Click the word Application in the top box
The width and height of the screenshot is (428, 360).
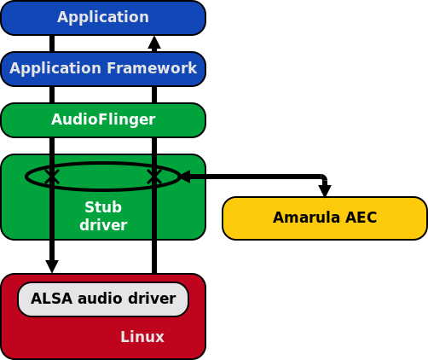[103, 17]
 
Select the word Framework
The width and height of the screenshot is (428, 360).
[152, 68]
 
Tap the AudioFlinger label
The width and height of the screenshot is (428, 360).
[103, 119]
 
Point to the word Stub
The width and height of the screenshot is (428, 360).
[103, 207]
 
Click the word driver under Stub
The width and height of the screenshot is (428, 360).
[103, 225]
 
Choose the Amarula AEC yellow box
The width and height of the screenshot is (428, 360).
[325, 218]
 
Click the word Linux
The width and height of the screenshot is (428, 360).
[142, 337]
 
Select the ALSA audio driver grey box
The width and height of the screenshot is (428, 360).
[103, 299]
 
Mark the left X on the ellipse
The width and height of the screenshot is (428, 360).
[52, 177]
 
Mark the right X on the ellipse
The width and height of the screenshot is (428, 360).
[154, 177]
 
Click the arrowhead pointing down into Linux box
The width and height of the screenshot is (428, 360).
[52, 266]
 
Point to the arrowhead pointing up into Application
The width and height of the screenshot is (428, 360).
[154, 43]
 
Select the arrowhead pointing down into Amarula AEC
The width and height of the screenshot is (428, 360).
[325, 190]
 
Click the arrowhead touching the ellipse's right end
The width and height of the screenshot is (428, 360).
[185, 177]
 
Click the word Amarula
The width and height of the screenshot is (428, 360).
[306, 218]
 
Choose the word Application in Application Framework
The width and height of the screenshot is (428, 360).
[55, 68]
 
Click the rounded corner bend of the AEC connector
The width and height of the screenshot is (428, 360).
[323, 178]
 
